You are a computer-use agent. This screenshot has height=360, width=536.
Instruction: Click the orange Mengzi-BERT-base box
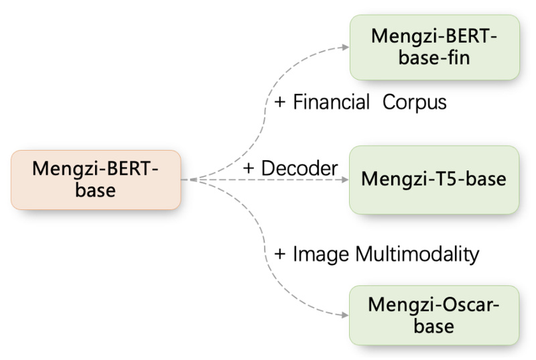coord(96,180)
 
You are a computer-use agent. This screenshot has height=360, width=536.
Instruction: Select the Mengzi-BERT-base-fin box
coord(433,46)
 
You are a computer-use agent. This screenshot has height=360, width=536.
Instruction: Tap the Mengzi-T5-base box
coord(433,180)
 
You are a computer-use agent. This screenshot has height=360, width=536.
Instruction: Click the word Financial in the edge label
coord(332,103)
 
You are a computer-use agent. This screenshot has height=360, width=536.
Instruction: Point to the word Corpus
coord(415,103)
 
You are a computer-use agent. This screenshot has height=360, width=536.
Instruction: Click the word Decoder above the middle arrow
coord(299,168)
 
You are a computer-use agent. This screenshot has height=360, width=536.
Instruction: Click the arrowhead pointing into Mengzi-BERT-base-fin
coord(345,47)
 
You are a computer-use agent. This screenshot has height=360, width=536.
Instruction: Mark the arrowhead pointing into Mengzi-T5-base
coord(345,180)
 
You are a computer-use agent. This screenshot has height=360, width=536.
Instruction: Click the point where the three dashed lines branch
coord(192,180)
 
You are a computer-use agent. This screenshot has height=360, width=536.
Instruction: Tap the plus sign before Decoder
coord(249,169)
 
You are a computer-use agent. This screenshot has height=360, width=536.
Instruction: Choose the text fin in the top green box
coord(458,57)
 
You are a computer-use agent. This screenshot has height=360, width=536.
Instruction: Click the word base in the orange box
coord(95,190)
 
